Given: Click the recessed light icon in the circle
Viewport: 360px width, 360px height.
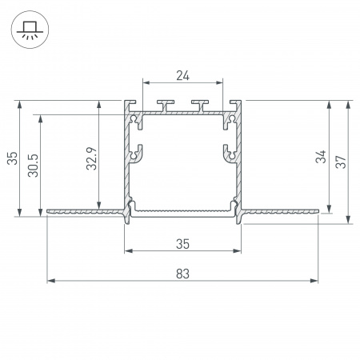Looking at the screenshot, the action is [30, 30].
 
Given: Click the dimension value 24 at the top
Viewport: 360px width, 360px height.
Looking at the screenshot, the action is [182, 76].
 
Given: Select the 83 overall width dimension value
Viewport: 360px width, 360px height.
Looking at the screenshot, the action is [182, 274].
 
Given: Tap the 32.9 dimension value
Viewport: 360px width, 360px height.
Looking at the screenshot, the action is [91, 158].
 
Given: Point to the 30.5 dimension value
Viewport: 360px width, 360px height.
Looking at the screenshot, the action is [34, 166].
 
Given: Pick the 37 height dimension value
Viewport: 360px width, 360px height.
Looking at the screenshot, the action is [341, 162].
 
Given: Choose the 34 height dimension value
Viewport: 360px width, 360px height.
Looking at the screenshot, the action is [321, 157].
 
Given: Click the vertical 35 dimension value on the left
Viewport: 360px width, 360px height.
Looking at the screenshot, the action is [12, 158].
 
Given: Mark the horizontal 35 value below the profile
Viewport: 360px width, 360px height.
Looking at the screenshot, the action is [182, 244].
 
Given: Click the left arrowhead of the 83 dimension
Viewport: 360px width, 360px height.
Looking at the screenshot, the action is [50, 281].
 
